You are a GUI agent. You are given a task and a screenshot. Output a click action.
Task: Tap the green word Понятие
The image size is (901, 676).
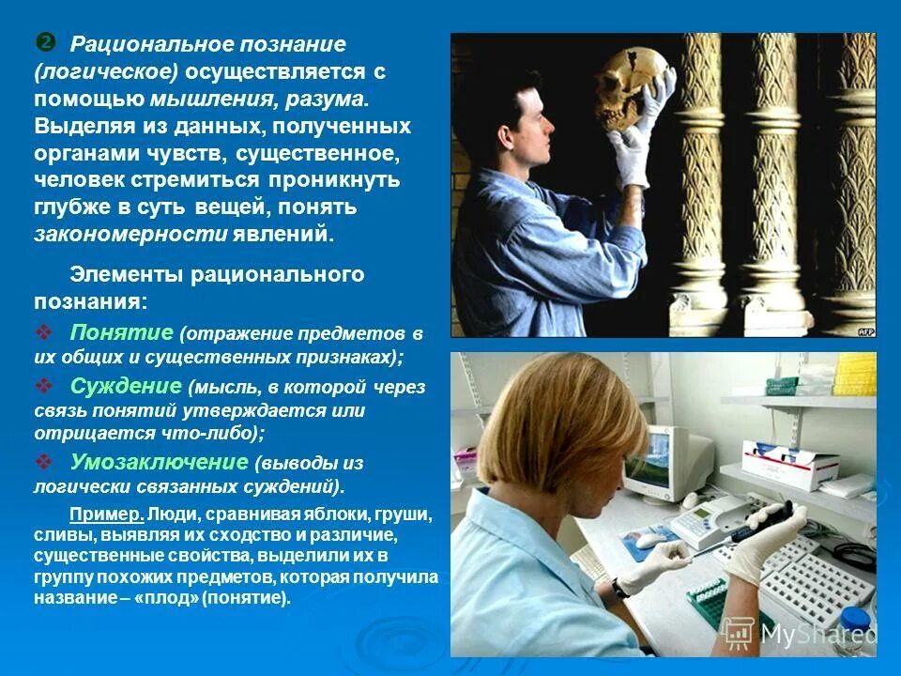pos(121,333)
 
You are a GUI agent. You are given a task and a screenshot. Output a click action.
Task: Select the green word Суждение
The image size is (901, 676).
pos(125,386)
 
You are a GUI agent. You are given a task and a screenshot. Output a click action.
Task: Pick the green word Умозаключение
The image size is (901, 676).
pos(158,463)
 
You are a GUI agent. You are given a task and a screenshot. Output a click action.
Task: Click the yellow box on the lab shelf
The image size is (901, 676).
pos(855,373)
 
